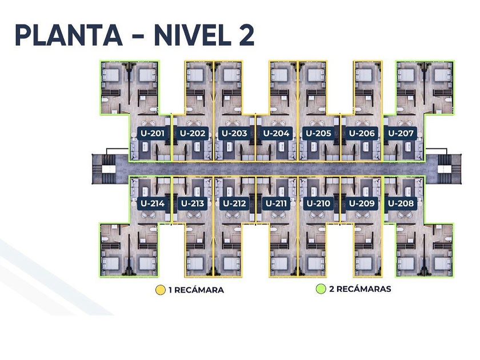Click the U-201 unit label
(153, 133)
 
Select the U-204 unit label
(276, 133)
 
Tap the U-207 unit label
(401, 133)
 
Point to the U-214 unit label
(153, 203)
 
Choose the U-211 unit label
(276, 203)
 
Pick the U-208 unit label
(401, 203)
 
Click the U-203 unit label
(234, 133)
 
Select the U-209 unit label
(362, 203)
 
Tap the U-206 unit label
(362, 133)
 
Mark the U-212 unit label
(234, 203)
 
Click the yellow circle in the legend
(161, 290)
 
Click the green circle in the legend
(321, 289)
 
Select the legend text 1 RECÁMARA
(196, 290)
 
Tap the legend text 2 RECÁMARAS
(360, 289)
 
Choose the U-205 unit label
(319, 133)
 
